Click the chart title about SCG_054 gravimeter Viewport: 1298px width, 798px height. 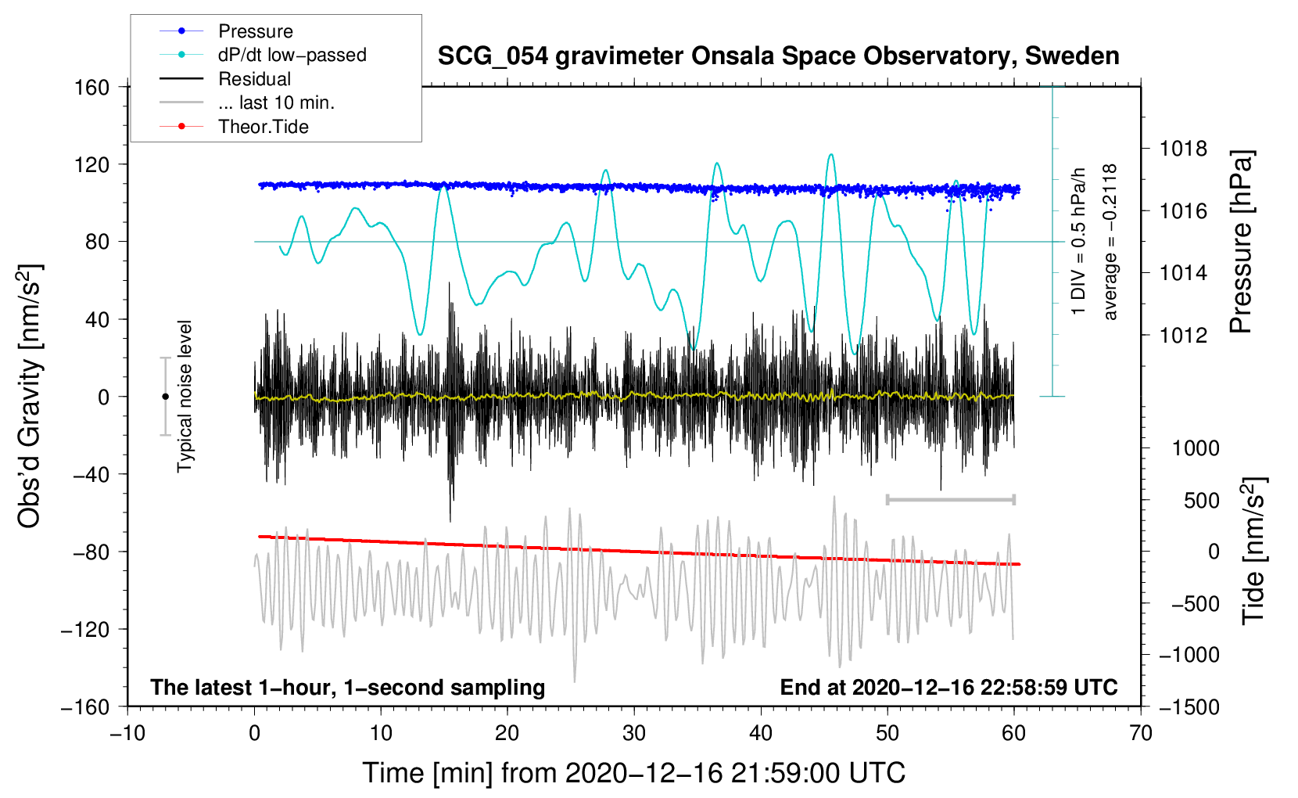[778, 56]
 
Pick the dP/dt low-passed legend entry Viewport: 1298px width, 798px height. [292, 55]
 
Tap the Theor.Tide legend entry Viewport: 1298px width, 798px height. [263, 127]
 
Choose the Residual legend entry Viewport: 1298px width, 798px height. [254, 79]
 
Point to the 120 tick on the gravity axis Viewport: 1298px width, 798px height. [92, 164]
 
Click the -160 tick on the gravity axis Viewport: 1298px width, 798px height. [86, 706]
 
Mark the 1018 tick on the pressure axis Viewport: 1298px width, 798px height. [1183, 149]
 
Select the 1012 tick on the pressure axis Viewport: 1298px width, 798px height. [1183, 335]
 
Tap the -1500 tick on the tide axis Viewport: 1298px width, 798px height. [1189, 706]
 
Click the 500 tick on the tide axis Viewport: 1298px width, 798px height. [1201, 500]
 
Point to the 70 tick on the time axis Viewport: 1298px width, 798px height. [1141, 733]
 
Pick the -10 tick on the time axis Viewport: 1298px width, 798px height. [127, 733]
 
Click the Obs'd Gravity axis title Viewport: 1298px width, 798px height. [30, 397]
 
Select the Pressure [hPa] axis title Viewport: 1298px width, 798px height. [1241, 242]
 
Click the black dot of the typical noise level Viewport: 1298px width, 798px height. [165, 397]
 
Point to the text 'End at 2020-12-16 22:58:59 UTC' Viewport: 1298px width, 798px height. [948, 687]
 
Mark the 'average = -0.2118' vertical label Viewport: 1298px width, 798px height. [1110, 242]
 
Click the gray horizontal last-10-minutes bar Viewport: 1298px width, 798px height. [950, 499]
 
